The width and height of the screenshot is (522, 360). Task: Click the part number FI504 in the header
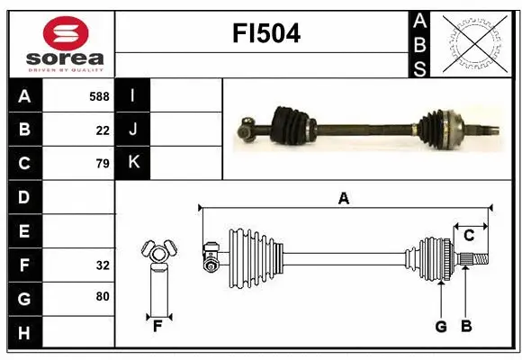click(x=266, y=34)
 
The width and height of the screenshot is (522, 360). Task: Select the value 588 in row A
click(x=99, y=96)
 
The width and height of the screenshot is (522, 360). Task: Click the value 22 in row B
click(x=103, y=130)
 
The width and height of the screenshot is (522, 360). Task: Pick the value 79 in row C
click(x=102, y=164)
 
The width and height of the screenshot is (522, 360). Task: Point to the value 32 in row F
click(x=102, y=265)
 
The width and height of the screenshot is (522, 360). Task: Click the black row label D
click(x=24, y=197)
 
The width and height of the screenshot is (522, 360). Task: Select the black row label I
click(x=133, y=95)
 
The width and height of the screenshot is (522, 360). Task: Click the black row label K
click(x=133, y=163)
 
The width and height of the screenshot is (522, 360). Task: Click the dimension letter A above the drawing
click(x=343, y=198)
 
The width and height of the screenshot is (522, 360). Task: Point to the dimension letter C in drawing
click(x=469, y=236)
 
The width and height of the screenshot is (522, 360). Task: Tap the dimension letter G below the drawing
click(x=441, y=327)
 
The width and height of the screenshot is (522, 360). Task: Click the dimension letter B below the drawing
click(x=466, y=327)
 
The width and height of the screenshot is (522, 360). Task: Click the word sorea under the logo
click(x=66, y=58)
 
